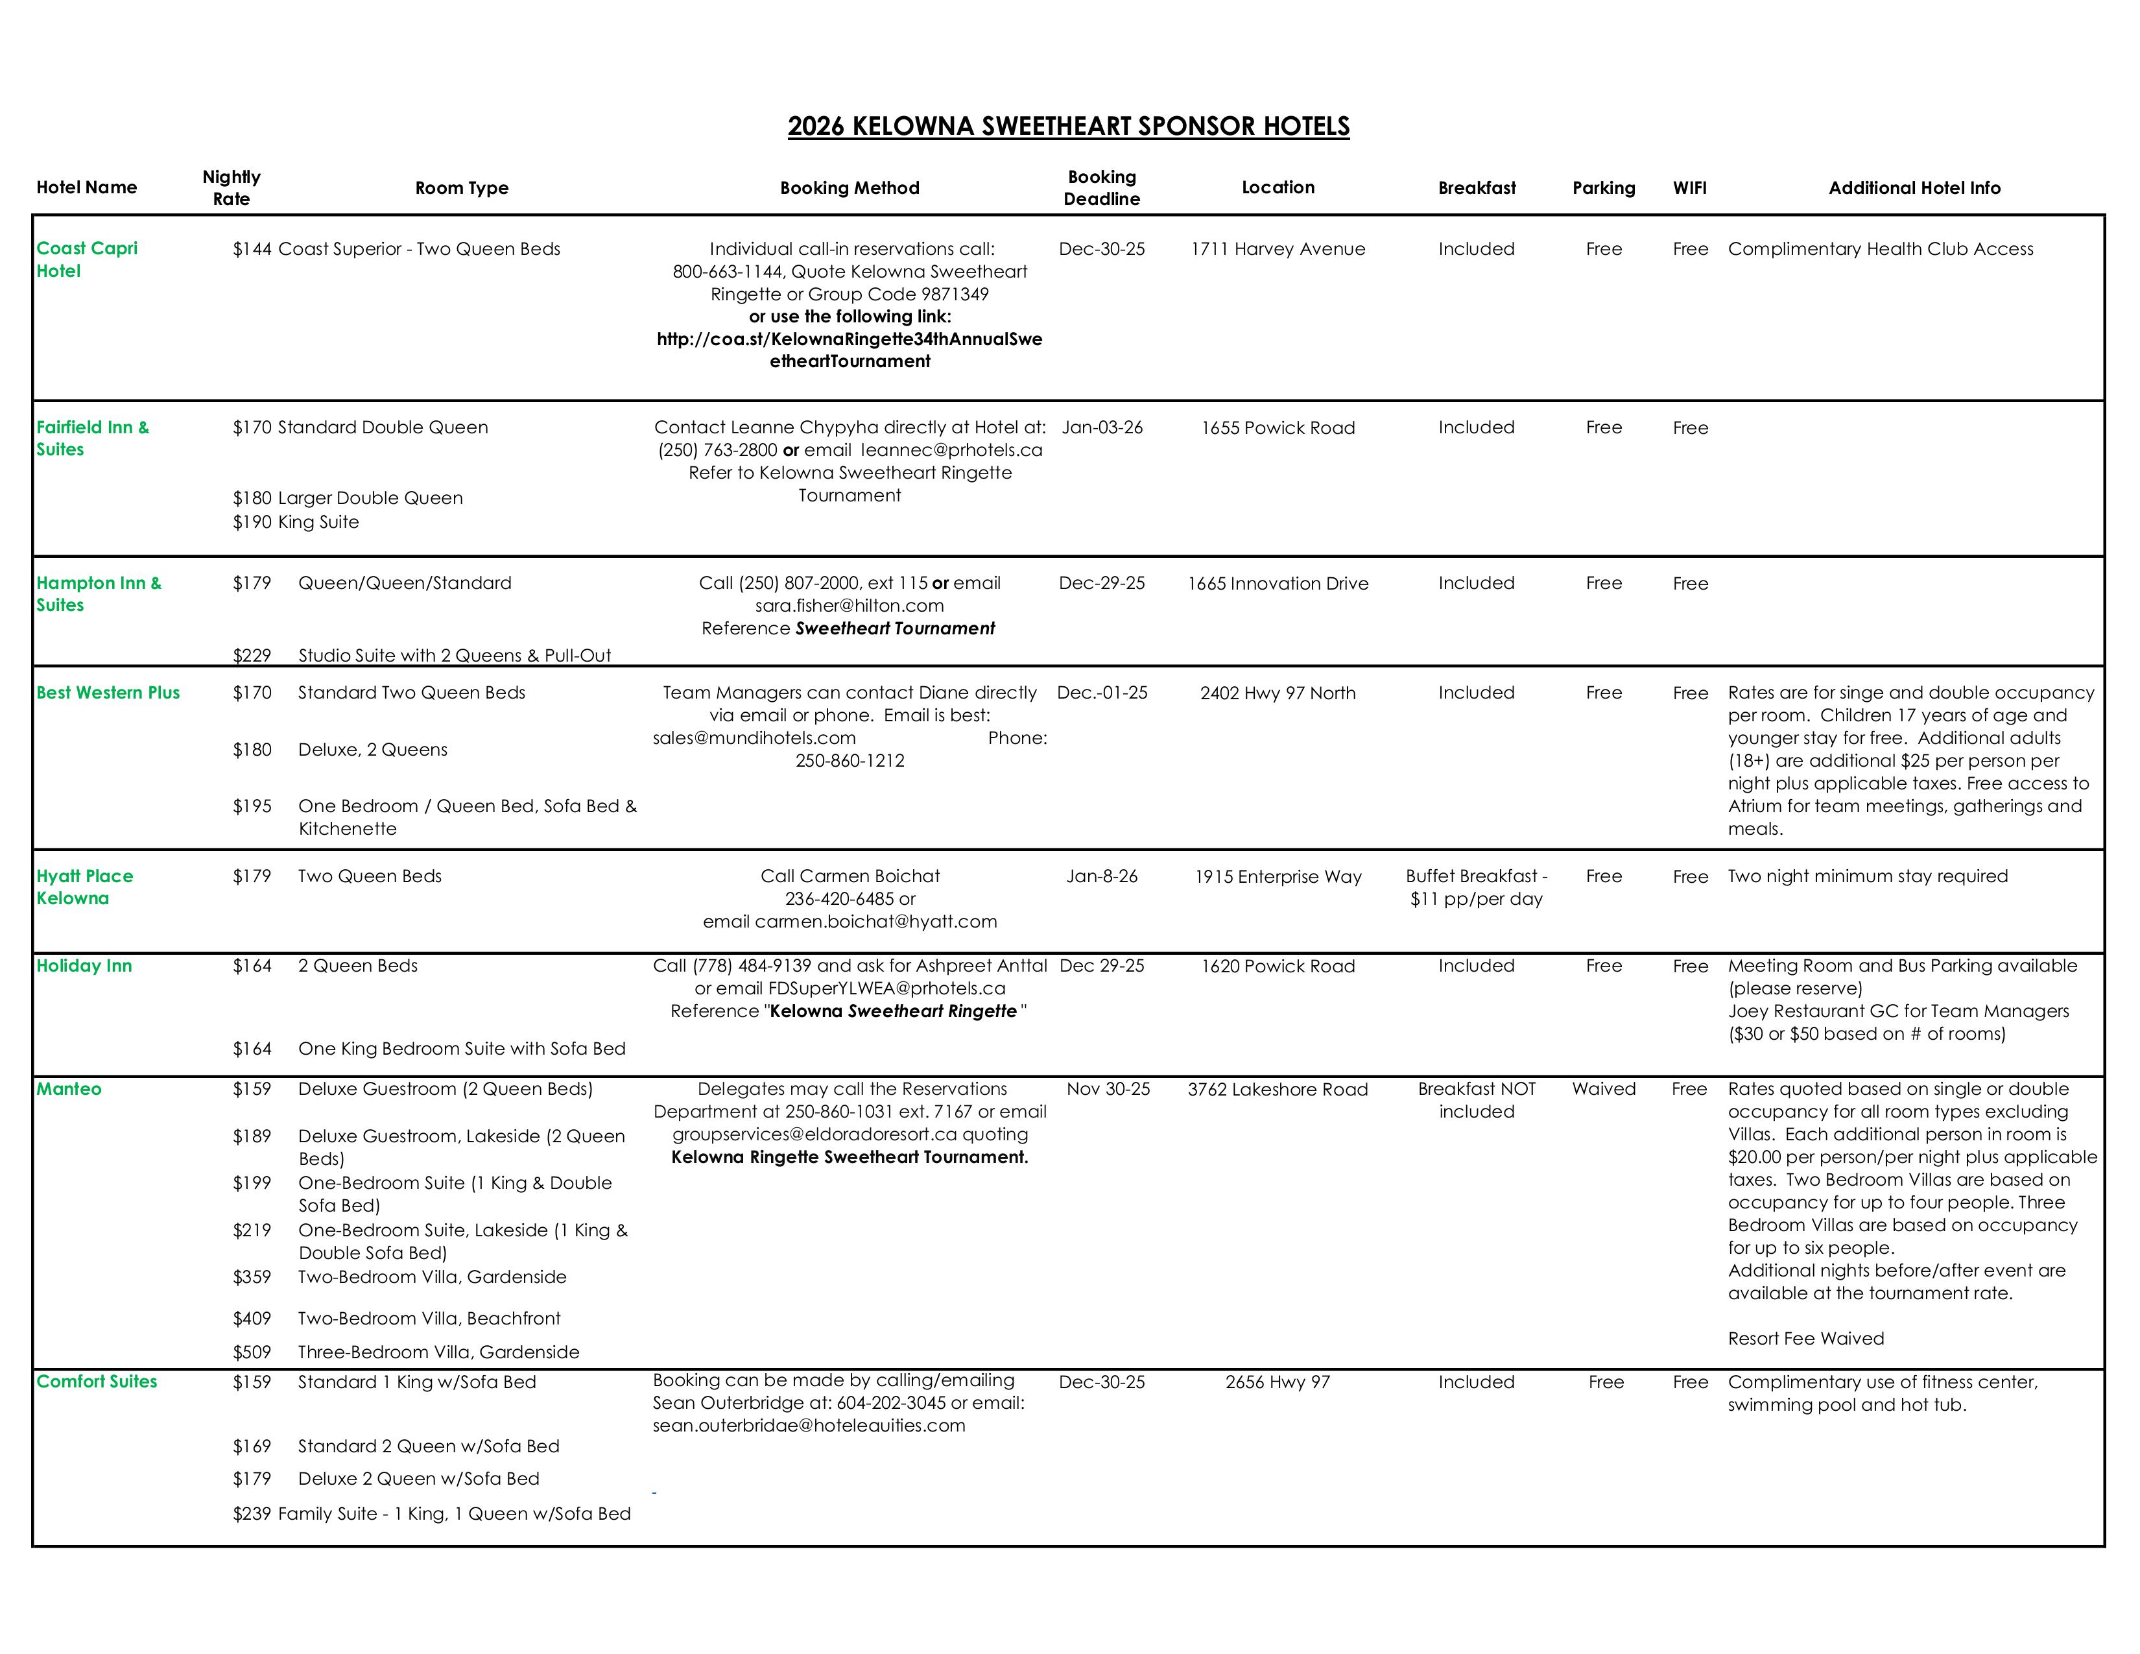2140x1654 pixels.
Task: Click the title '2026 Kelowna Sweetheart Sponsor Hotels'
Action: (x=1068, y=126)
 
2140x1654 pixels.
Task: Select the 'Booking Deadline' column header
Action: (x=1101, y=187)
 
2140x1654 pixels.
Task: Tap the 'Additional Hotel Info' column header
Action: (x=1914, y=188)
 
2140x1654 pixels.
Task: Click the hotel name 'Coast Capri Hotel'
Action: (x=86, y=259)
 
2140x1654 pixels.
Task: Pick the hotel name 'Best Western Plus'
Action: (x=108, y=693)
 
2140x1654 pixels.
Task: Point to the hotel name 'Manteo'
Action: (x=69, y=1088)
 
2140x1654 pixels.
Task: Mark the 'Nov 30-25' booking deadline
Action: (x=1108, y=1088)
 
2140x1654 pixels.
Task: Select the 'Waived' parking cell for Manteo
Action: (x=1603, y=1088)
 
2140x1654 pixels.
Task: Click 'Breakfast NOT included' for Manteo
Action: (x=1477, y=1100)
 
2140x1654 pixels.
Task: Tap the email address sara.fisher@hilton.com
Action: (x=850, y=606)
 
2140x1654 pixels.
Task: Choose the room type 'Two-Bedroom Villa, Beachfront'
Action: (x=429, y=1319)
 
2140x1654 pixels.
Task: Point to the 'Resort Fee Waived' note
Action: (x=1806, y=1339)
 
